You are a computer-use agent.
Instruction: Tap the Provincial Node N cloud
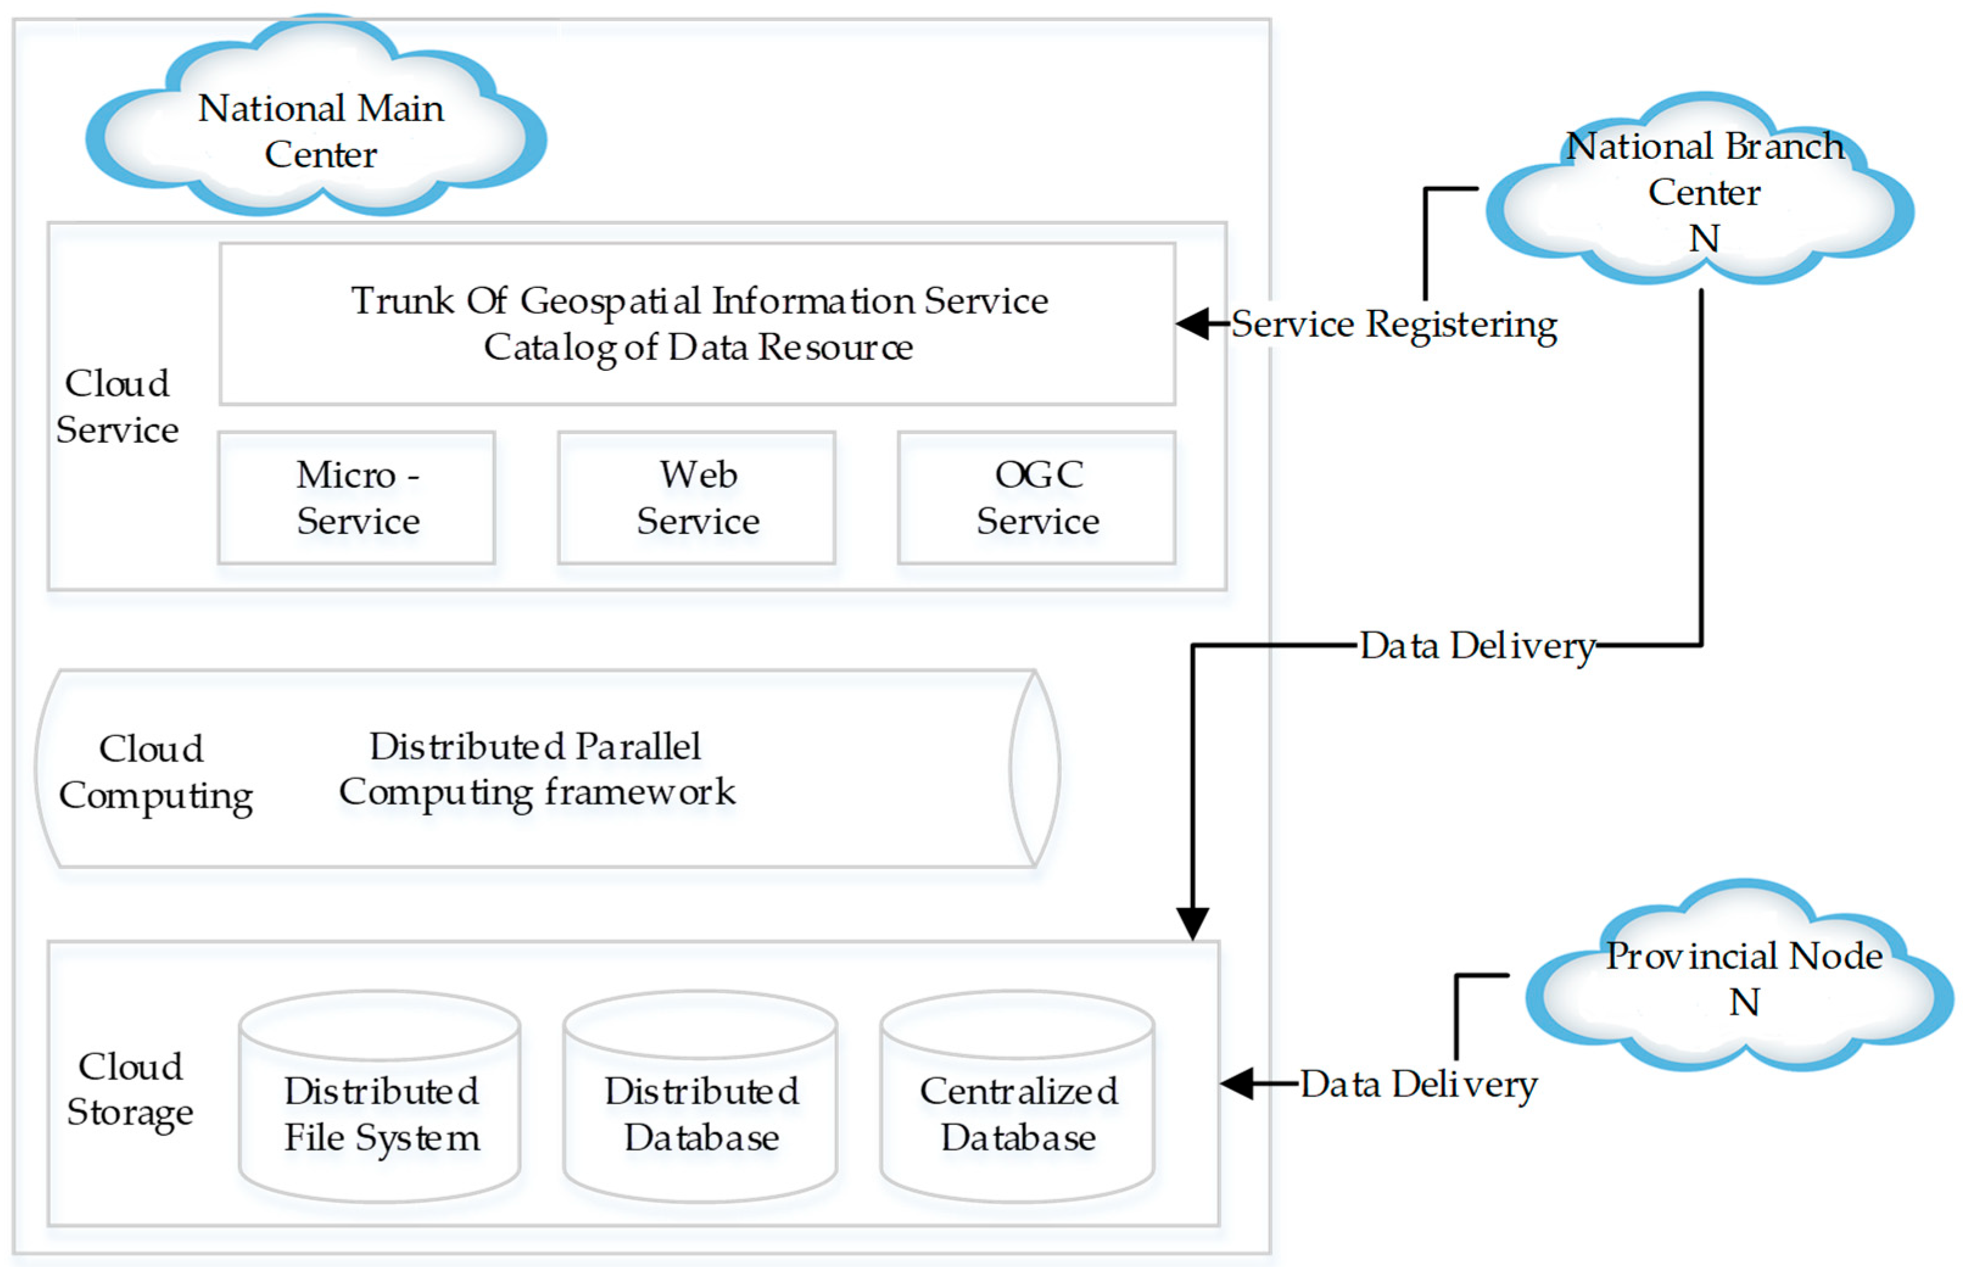[1741, 979]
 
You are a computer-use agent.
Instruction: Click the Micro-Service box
[356, 498]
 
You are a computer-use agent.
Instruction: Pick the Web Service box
[697, 498]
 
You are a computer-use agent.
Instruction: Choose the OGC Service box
[1037, 498]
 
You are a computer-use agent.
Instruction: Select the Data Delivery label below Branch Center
[1476, 646]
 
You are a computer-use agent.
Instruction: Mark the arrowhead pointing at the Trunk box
[1193, 323]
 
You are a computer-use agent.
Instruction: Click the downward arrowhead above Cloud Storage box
[1192, 923]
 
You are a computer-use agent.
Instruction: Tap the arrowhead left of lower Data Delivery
[1237, 1084]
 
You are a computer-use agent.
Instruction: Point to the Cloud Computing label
[154, 772]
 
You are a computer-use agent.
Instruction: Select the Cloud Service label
[117, 407]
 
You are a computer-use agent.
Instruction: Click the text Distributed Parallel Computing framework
[536, 769]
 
